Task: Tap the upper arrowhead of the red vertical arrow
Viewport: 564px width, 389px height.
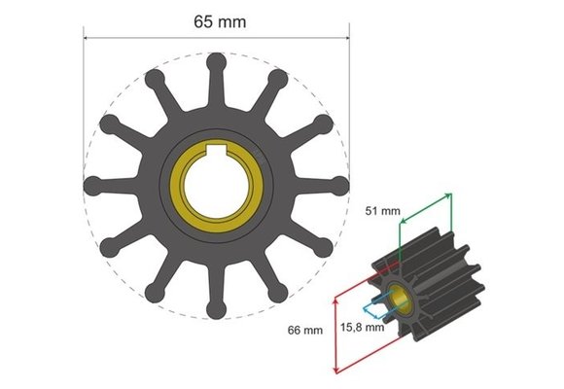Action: (335, 298)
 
